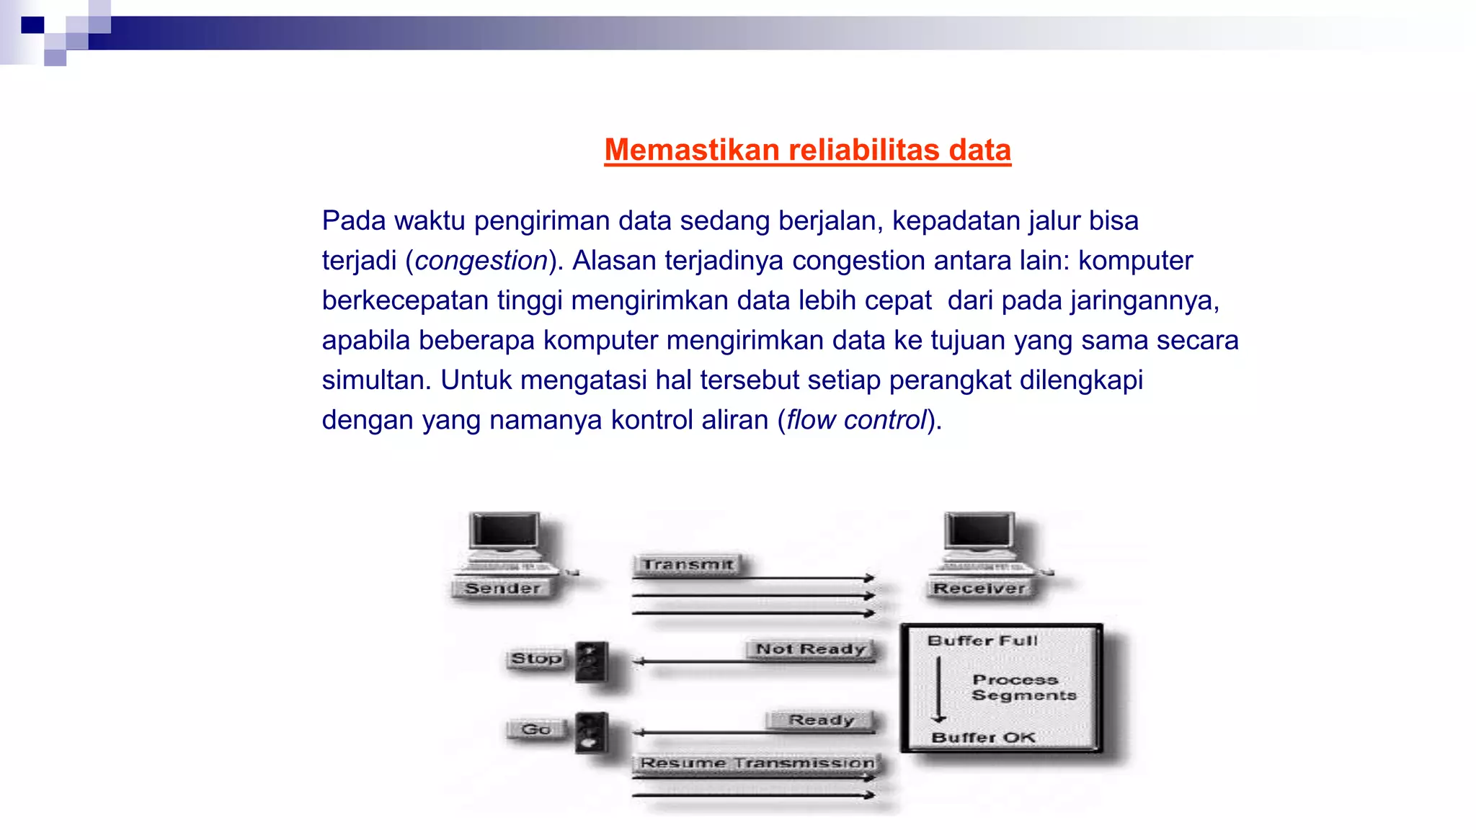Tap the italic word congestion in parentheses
pyautogui.click(x=481, y=261)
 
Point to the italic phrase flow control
pyautogui.click(x=855, y=420)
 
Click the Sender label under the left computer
pyautogui.click(x=502, y=589)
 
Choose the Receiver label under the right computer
pyautogui.click(x=979, y=589)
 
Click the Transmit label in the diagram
pyautogui.click(x=688, y=565)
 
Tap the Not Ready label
pyautogui.click(x=810, y=649)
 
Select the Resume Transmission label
pyautogui.click(x=757, y=763)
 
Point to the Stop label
pyautogui.click(x=535, y=659)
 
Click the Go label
pyautogui.click(x=535, y=729)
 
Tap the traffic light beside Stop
pyautogui.click(x=592, y=662)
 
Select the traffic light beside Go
pyautogui.click(x=592, y=733)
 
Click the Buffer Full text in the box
pyautogui.click(x=982, y=641)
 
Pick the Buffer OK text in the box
pyautogui.click(x=983, y=738)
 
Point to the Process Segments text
pyautogui.click(x=1023, y=687)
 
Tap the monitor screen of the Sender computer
pyautogui.click(x=504, y=532)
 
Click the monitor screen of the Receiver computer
pyautogui.click(x=979, y=532)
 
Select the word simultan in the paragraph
pyautogui.click(x=375, y=380)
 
